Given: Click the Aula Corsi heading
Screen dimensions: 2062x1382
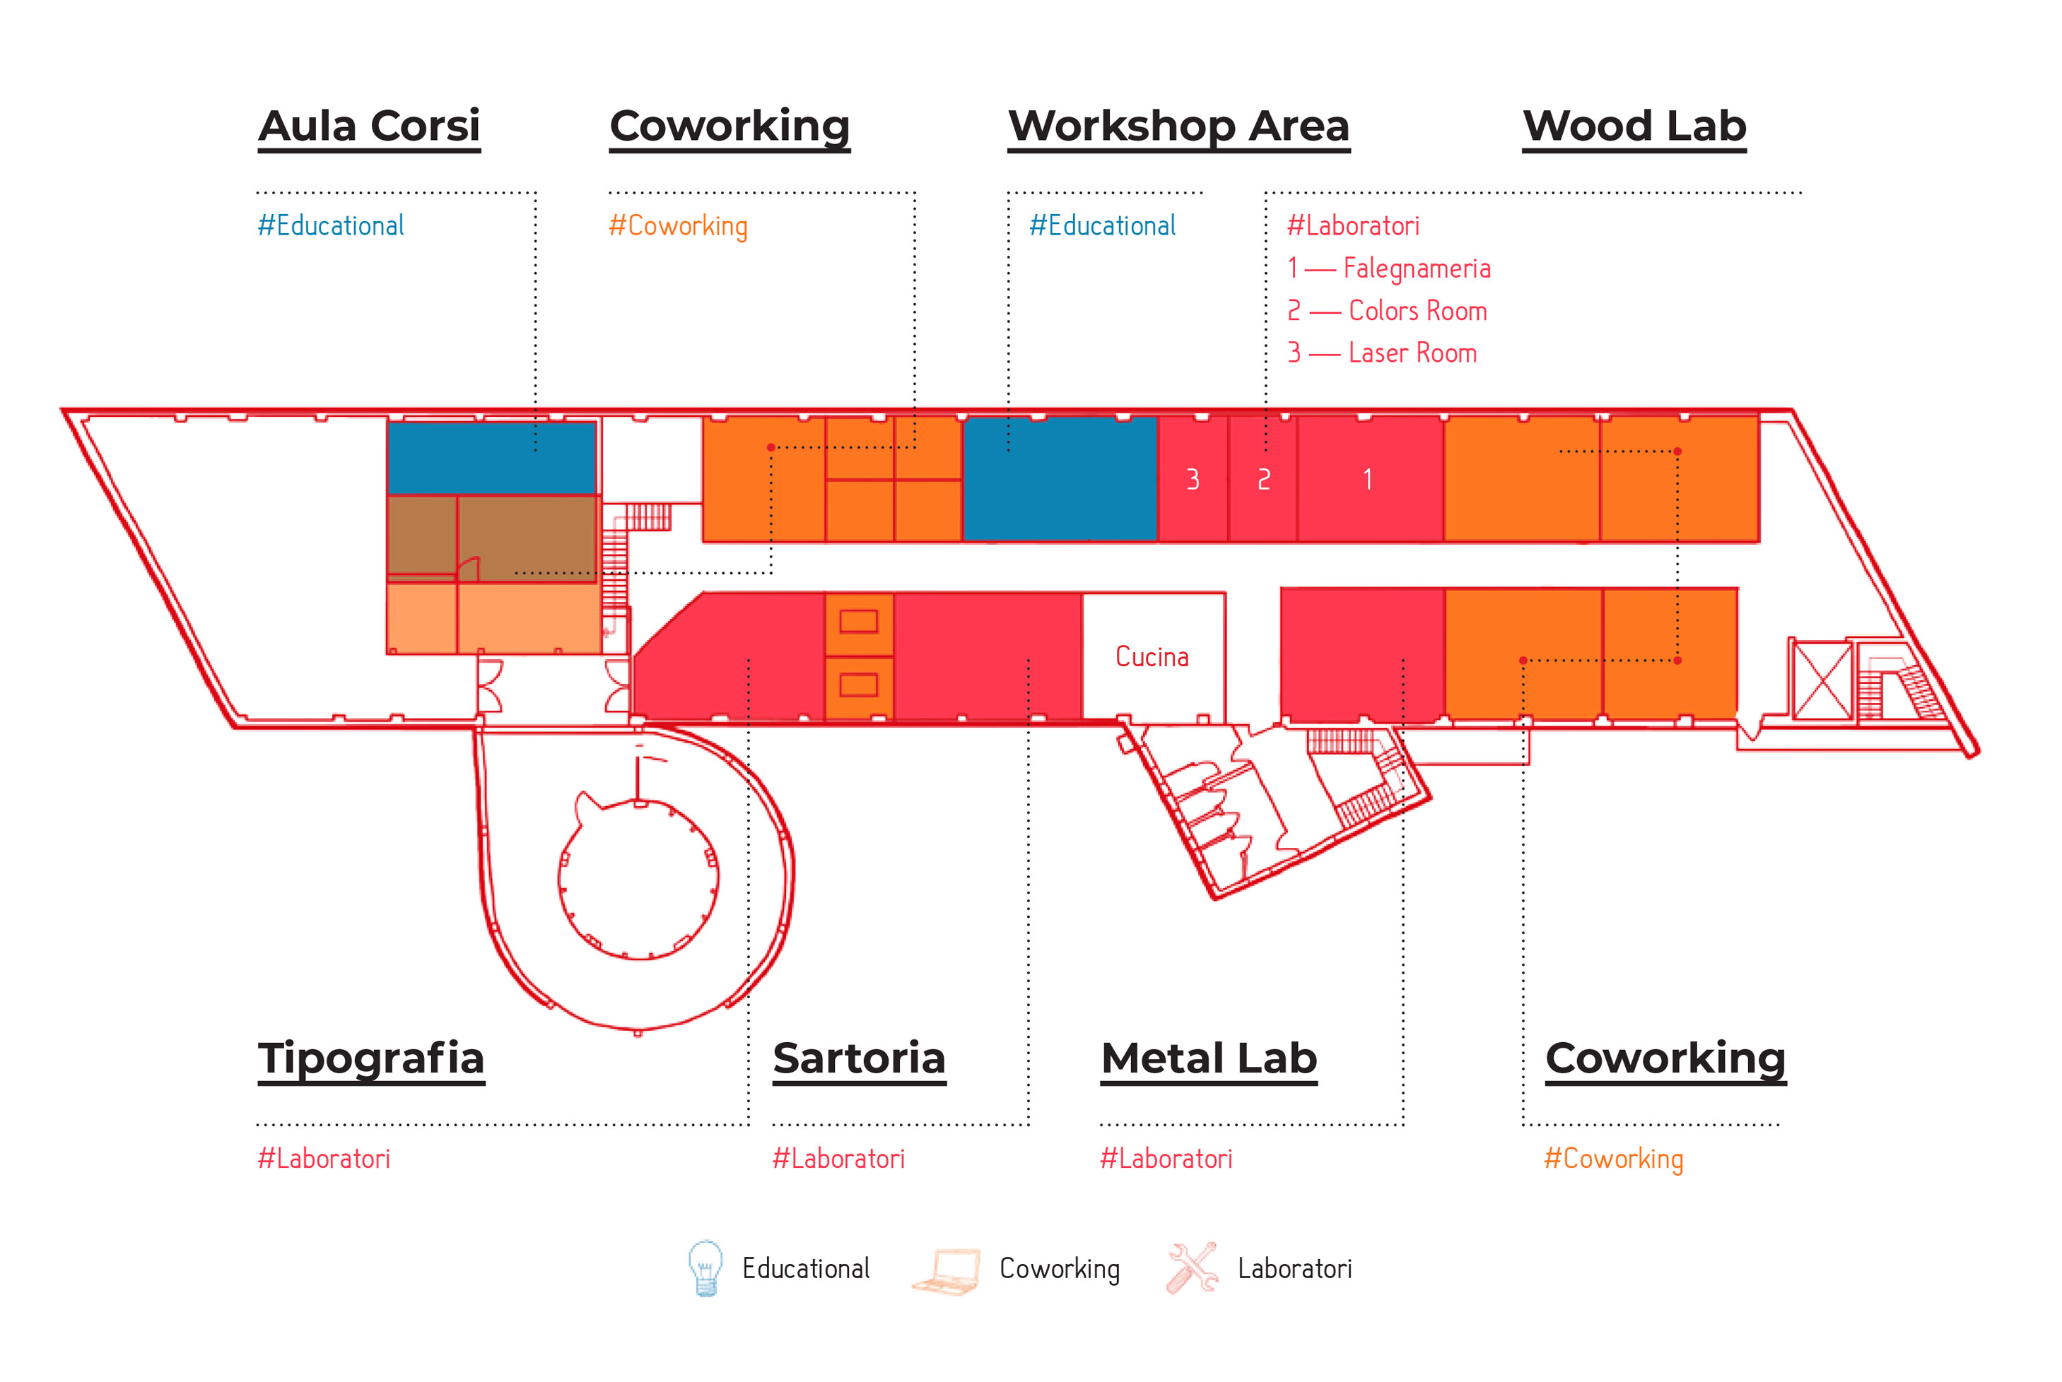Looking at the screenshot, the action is (370, 126).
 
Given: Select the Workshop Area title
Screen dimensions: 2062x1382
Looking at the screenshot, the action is (1178, 126).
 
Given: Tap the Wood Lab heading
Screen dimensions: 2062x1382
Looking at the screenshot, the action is (1634, 126).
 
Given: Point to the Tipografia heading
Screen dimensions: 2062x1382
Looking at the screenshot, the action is (371, 1059).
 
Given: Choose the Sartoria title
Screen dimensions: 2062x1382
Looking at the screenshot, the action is (860, 1058).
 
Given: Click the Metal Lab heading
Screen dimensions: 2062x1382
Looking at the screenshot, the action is (1209, 1058).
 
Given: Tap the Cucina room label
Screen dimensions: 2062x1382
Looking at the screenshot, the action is (1152, 656).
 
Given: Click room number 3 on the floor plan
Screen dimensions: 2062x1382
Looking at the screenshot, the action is (1193, 480).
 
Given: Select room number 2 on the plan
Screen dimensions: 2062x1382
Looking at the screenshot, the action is (1263, 480).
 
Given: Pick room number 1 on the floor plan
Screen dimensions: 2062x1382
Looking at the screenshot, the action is (1367, 480).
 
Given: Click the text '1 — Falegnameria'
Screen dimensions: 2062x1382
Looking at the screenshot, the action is (1389, 268).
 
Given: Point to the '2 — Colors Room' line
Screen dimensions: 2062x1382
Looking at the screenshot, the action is (1388, 310).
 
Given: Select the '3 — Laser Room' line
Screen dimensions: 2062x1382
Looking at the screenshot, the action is (1382, 353).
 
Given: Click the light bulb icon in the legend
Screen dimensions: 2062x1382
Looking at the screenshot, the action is (705, 1268).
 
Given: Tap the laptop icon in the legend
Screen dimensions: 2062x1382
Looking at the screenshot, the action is (946, 1272).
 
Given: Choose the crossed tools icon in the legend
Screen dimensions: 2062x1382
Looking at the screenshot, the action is (1192, 1268).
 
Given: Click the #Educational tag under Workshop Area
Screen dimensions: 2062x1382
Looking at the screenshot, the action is (1103, 225).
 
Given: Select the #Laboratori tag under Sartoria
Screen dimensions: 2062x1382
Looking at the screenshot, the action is (838, 1158).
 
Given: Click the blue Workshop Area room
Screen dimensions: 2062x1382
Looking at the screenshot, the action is (1060, 478).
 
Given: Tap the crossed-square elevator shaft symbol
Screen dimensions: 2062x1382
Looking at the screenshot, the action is (1822, 680).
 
